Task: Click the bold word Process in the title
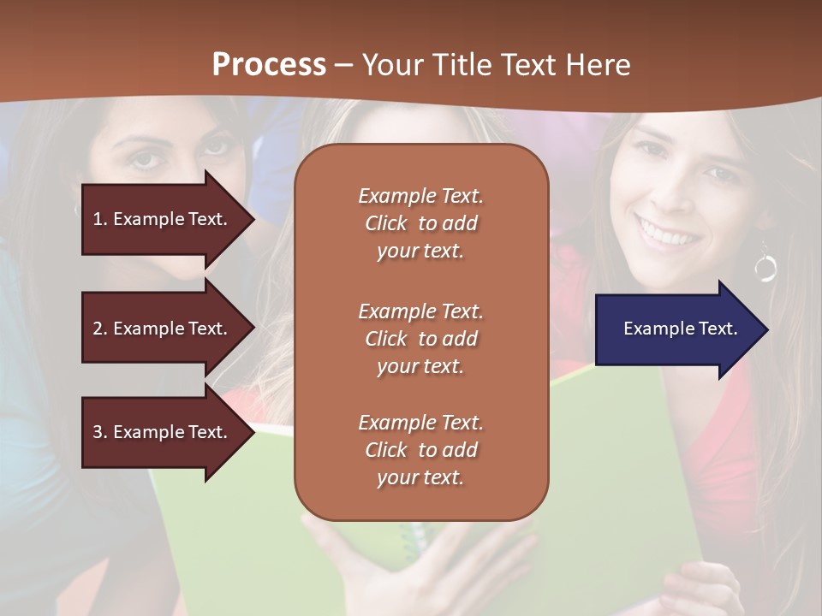[269, 65]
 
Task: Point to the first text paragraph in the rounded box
[420, 223]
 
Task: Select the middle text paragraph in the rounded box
[420, 339]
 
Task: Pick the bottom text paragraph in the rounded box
[420, 450]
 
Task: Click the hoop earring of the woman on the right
[765, 267]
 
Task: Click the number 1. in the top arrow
[100, 219]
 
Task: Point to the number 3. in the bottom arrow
[100, 432]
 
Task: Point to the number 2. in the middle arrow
[100, 329]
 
